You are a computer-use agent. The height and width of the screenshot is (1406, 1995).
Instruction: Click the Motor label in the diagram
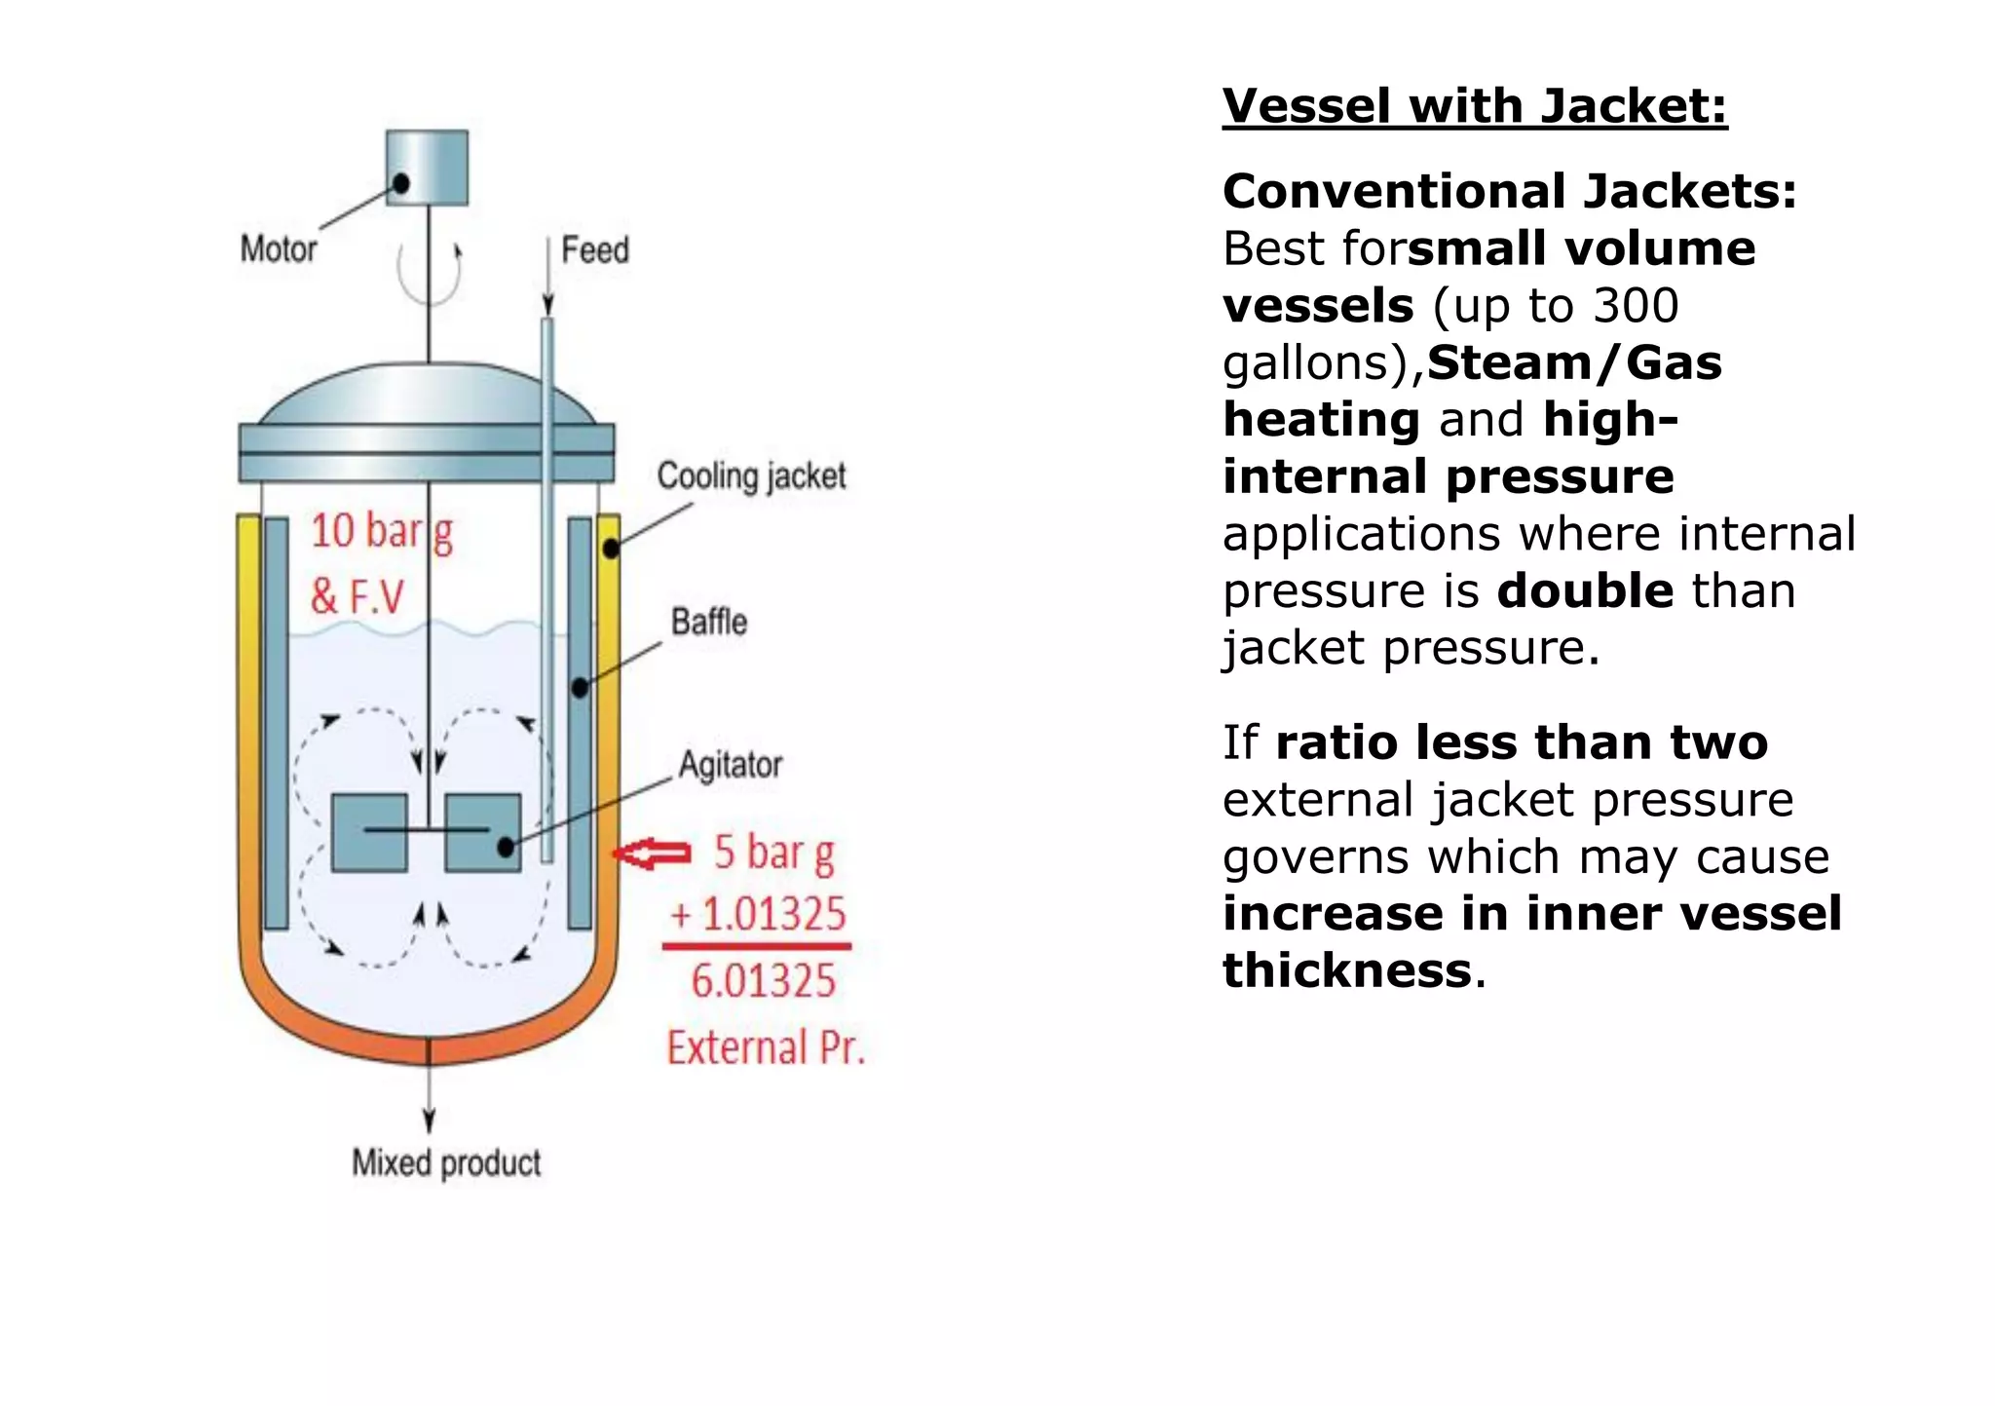coord(279,249)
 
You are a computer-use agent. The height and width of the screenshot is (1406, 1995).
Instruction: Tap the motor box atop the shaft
coord(427,168)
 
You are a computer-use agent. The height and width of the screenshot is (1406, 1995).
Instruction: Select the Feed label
coord(594,250)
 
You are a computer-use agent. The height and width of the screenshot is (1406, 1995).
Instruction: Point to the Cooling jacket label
coord(751,476)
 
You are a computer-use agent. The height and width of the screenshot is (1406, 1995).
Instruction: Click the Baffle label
coord(709,622)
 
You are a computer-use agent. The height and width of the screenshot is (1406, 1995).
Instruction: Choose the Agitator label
coord(731,765)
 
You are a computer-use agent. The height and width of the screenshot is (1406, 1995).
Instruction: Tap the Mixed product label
coord(446,1162)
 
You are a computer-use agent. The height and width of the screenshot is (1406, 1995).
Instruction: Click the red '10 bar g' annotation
coord(382,532)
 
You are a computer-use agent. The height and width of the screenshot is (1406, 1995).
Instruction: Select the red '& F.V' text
coord(357,596)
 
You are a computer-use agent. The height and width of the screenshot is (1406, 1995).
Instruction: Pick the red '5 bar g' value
coord(774,853)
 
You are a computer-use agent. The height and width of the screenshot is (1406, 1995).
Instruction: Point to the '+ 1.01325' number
coord(759,914)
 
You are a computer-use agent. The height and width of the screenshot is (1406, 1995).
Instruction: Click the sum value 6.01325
coord(764,980)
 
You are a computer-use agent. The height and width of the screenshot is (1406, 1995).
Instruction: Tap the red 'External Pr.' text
coord(766,1047)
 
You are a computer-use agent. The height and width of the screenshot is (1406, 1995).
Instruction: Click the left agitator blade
coord(369,832)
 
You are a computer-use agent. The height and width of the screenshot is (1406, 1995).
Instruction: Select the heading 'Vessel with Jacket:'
coord(1475,105)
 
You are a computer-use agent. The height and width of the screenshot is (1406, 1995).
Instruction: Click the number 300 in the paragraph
coord(1637,306)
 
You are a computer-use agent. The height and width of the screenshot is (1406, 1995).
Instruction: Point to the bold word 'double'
coord(1586,591)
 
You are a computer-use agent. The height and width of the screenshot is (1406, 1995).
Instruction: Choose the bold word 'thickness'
coord(1347,970)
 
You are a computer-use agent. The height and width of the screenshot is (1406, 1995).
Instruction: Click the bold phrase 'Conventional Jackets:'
coord(1510,191)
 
